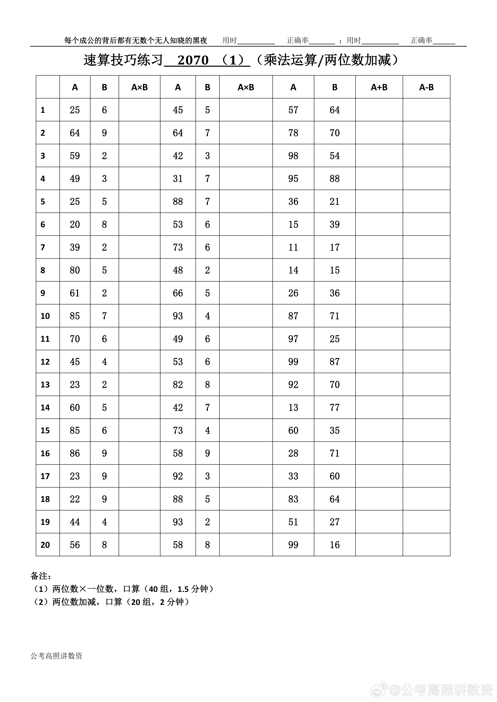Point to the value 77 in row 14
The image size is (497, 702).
coord(335,408)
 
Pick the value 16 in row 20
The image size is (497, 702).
coord(335,545)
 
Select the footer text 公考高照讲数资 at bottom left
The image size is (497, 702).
coord(57,656)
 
